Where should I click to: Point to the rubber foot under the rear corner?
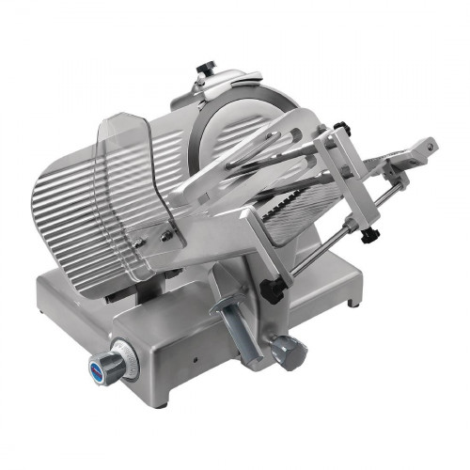[353, 304]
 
